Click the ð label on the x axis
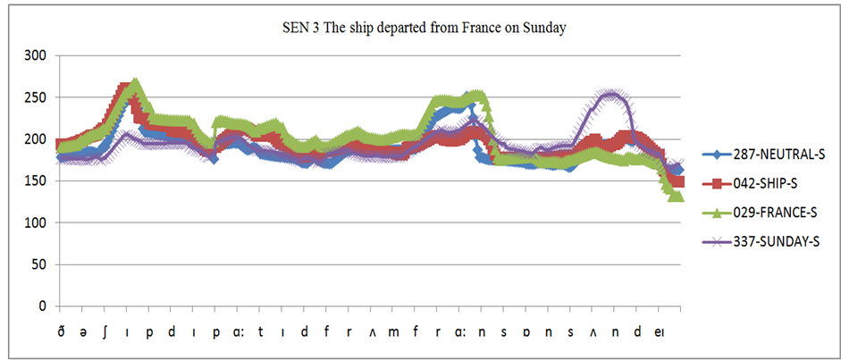(x=61, y=332)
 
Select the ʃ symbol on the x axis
(x=105, y=332)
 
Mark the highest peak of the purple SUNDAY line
(x=610, y=94)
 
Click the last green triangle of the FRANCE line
(x=677, y=196)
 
